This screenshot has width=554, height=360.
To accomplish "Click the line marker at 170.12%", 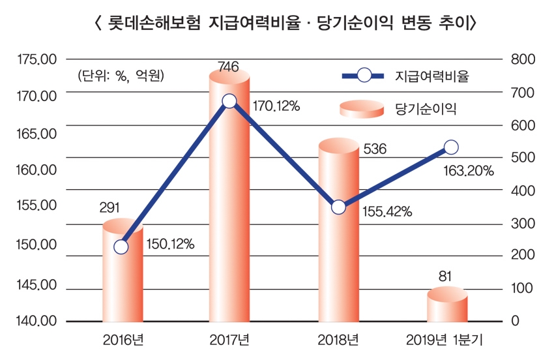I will tap(229, 101).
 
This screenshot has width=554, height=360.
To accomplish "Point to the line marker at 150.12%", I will tap(121, 247).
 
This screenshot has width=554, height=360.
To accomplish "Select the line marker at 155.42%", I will tap(338, 207).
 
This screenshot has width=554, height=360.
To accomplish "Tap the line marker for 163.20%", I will tap(450, 147).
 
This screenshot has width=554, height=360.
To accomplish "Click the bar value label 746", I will tap(228, 66).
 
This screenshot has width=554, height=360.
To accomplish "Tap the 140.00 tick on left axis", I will tap(38, 322).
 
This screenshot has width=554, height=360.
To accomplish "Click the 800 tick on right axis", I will tap(523, 59).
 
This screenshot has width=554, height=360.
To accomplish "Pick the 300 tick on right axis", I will tap(523, 224).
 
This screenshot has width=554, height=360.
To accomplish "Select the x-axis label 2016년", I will tap(123, 340).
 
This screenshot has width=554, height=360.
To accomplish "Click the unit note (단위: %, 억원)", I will tap(121, 76).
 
